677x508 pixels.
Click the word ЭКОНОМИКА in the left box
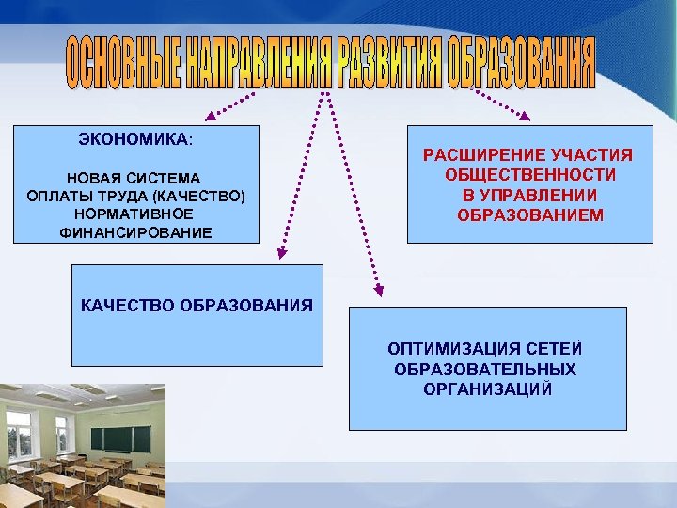(x=134, y=139)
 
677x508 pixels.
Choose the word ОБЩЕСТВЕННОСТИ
(x=530, y=175)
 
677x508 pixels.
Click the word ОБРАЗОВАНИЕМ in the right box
(x=530, y=216)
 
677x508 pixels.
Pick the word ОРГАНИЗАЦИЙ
(x=487, y=389)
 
